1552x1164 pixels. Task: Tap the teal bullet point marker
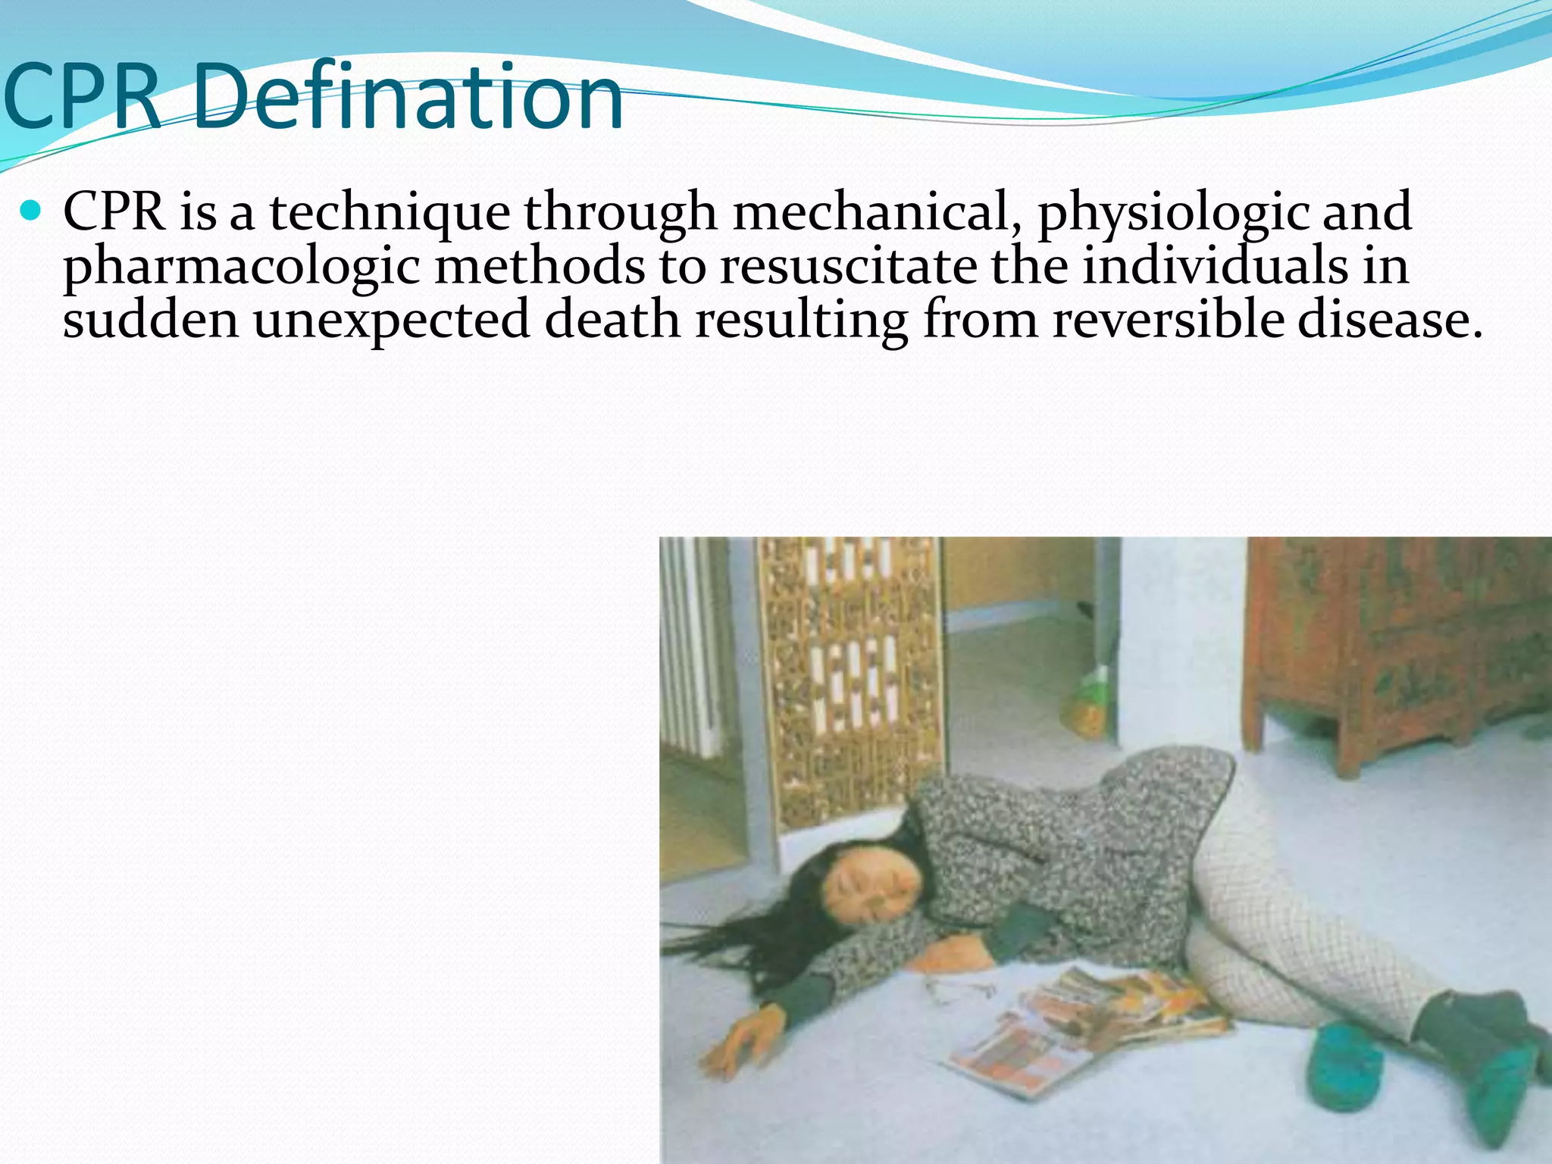(x=31, y=211)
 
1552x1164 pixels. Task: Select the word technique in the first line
(x=390, y=213)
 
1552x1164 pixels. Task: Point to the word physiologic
(x=1172, y=214)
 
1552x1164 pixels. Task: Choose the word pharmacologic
(x=241, y=268)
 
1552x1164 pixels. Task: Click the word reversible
(x=1167, y=320)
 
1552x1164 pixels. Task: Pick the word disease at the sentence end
(x=1389, y=320)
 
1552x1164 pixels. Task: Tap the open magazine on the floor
(x=1084, y=1023)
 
